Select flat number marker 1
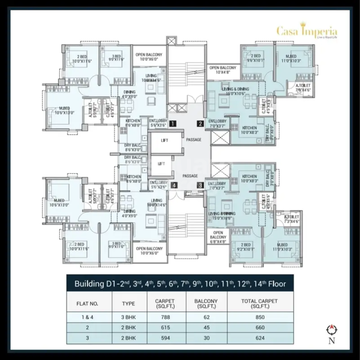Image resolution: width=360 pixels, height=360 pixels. point(172,123)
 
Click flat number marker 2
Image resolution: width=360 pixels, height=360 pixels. point(200,123)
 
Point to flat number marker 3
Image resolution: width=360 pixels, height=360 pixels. point(200,185)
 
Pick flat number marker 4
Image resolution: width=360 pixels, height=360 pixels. point(172,185)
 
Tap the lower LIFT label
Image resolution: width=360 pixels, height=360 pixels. point(161,164)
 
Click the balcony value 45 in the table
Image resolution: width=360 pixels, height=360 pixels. point(206,328)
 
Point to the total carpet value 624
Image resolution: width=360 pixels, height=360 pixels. point(259,337)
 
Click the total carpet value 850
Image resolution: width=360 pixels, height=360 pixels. point(259,318)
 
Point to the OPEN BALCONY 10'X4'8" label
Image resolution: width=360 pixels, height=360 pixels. point(222,70)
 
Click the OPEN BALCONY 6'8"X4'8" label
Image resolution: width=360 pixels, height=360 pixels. point(218,237)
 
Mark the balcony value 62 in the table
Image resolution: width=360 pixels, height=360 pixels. point(206,318)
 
